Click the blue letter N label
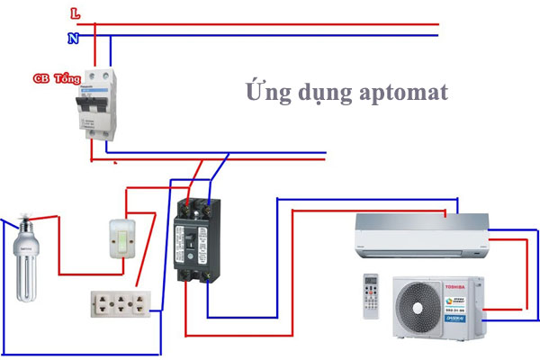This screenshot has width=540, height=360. point(73,39)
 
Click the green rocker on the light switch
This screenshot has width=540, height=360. point(122,238)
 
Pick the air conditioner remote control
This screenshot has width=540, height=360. point(372,294)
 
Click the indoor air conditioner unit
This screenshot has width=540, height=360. point(420,233)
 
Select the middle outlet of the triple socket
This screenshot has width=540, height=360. point(121,304)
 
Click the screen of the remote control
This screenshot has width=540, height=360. point(372,281)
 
